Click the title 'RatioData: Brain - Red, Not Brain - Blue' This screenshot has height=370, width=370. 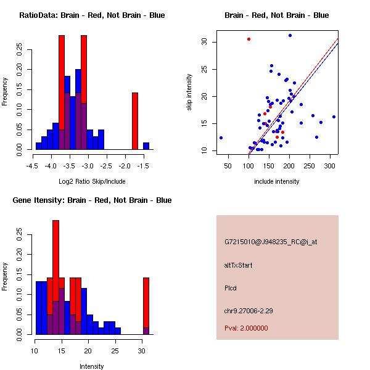[x=92, y=15]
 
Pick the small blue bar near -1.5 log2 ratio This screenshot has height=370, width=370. [x=146, y=146]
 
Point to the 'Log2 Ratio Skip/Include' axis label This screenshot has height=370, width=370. [x=92, y=181]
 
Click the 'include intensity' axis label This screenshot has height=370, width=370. [x=277, y=181]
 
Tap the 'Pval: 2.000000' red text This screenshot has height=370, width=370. [x=246, y=328]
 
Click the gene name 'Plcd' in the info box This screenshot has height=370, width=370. [x=231, y=287]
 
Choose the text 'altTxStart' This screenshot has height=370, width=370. [x=239, y=266]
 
